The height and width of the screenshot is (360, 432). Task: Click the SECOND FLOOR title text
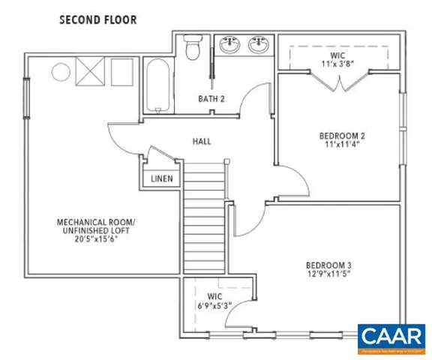pos(98,19)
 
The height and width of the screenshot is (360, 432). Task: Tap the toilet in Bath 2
pos(192,49)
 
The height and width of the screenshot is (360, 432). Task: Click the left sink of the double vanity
pos(229,43)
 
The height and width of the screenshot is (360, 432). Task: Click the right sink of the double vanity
pos(259,43)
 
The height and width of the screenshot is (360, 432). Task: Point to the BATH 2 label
pos(211,99)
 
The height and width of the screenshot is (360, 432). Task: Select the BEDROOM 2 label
pos(341,136)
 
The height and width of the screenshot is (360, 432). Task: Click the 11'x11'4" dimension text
pos(341,145)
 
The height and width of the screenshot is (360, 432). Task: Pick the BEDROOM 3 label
pos(328,265)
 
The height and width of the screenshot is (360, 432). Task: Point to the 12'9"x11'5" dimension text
pos(328,275)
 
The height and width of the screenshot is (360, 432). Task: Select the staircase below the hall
pos(205,217)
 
